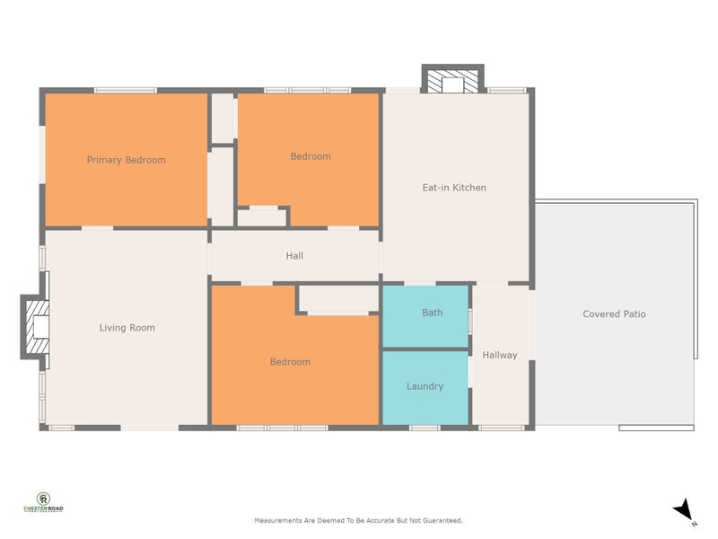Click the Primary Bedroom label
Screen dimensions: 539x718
[126, 160]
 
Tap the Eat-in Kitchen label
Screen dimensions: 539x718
[454, 188]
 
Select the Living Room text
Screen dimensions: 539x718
[127, 328]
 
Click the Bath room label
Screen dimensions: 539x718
[432, 313]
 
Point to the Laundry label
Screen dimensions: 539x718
[425, 386]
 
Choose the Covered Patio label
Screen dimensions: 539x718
[614, 314]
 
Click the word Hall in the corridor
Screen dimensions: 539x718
[294, 256]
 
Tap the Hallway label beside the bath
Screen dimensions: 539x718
[500, 355]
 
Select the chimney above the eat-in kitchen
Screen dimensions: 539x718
[453, 81]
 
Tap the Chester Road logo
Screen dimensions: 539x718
[43, 503]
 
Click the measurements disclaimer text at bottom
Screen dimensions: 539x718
[359, 520]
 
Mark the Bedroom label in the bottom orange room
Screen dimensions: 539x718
[290, 362]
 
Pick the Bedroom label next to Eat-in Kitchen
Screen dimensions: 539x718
[311, 156]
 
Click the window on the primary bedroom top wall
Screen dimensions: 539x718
[126, 90]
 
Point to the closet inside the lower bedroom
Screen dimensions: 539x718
[337, 299]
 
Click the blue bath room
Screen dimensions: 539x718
[425, 328]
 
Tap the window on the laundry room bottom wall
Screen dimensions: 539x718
[425, 427]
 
